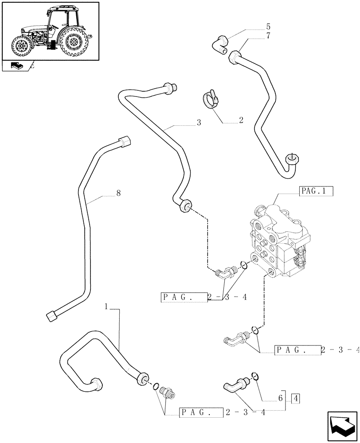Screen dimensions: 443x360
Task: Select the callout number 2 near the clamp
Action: coord(241,120)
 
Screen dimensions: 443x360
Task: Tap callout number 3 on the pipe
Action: coord(199,123)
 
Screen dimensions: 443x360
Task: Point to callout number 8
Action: coord(118,193)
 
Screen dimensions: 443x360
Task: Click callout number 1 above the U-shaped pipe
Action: coord(106,306)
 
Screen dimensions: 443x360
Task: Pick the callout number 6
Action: coord(280,398)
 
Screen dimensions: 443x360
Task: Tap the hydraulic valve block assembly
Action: coord(277,239)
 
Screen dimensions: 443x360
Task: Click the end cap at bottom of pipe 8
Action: coord(51,315)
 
